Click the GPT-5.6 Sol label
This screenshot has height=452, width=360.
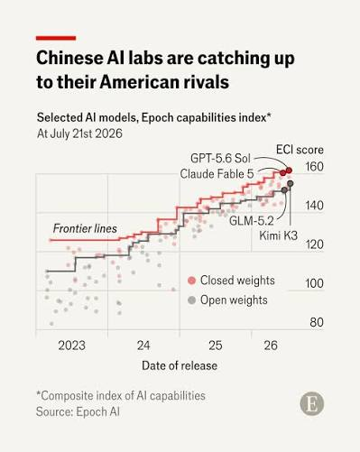[220, 158]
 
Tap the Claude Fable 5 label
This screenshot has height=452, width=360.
[217, 174]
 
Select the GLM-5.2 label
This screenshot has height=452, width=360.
[252, 221]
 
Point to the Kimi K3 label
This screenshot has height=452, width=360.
[279, 235]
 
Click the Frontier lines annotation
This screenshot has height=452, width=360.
[85, 228]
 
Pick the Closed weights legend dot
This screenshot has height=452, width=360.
[191, 281]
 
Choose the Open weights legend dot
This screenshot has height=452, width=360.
[191, 300]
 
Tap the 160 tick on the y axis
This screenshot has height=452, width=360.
[315, 167]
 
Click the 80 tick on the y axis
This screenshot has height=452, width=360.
[317, 322]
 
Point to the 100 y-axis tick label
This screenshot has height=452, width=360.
[315, 283]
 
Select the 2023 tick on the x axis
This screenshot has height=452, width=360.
[72, 346]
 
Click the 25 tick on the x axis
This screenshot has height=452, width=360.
[216, 346]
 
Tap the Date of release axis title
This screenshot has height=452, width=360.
[180, 365]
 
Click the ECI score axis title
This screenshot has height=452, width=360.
[300, 150]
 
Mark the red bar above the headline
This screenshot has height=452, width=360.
[56, 38]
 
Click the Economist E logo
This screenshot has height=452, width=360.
[312, 403]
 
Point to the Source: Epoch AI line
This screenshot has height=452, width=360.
[78, 411]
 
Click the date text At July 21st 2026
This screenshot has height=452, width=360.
[79, 134]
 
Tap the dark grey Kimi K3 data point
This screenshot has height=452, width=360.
[291, 183]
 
